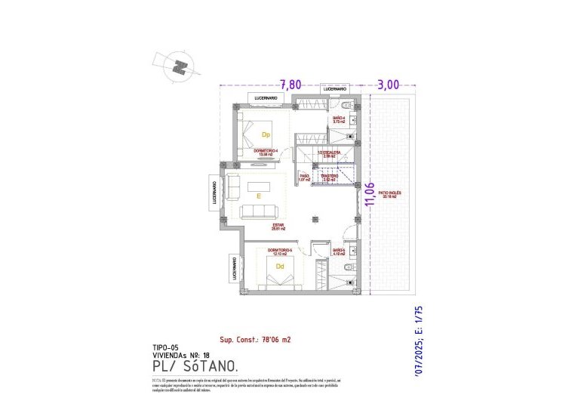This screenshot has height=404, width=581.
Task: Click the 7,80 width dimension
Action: (292, 85)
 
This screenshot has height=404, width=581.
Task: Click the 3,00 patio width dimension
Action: (388, 85)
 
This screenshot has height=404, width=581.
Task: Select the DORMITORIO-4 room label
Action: (266, 153)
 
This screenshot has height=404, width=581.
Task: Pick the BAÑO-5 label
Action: (340, 252)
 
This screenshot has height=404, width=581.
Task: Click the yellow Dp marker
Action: (266, 135)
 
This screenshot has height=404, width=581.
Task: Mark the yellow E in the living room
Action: (258, 196)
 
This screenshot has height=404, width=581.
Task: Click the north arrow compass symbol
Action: (179, 66)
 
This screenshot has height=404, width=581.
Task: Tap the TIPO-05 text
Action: (165, 347)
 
